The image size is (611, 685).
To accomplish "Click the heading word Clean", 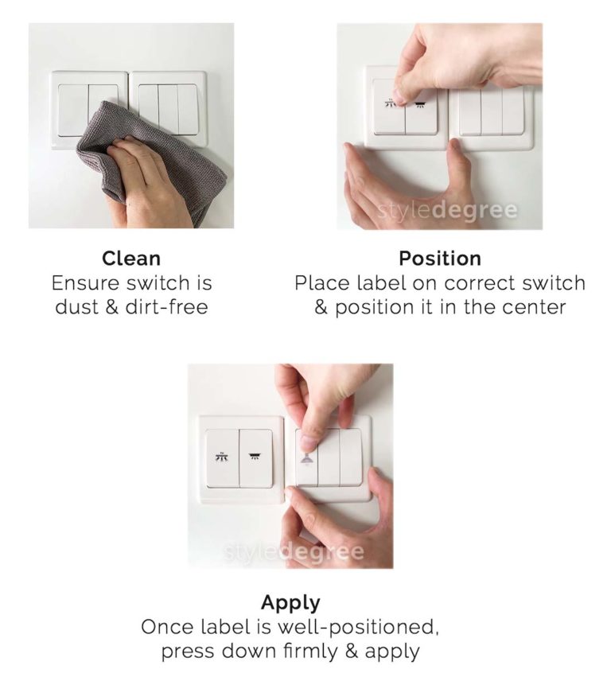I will [x=131, y=259].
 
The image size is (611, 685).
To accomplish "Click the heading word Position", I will [x=439, y=259].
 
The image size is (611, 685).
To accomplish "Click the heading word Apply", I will [x=290, y=601].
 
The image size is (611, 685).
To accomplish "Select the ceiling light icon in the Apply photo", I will [x=255, y=457].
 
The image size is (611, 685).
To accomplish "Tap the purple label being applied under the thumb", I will [x=305, y=457].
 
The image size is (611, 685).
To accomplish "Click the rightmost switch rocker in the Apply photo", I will [x=351, y=457].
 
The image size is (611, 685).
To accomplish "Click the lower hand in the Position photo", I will [x=398, y=187].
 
